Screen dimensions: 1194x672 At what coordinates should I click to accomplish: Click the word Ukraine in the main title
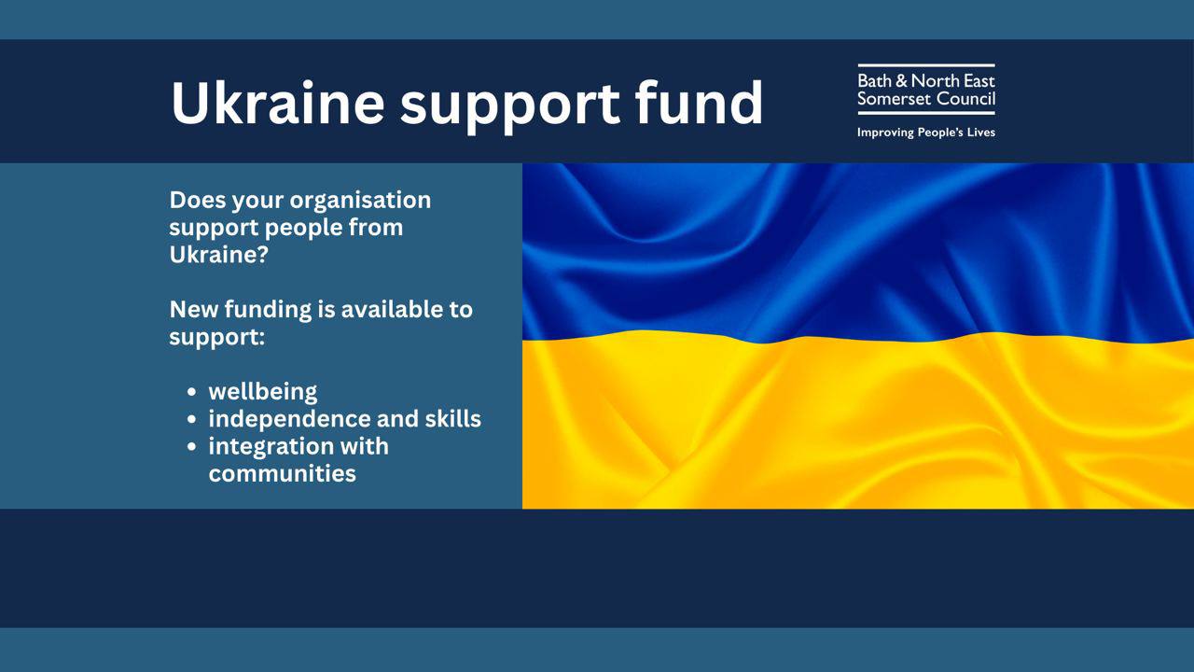277,103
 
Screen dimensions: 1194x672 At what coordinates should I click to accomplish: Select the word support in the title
510,105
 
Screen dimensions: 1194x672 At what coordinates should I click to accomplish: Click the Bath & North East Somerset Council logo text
926,90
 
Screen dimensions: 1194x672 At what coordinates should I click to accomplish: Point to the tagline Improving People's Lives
926,133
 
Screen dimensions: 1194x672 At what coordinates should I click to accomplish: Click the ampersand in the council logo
901,81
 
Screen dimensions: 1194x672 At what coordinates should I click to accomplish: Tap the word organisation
360,201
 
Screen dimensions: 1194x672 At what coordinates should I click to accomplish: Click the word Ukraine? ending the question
218,255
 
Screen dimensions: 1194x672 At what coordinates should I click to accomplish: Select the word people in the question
303,229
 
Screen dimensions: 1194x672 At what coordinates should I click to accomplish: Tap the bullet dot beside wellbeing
192,392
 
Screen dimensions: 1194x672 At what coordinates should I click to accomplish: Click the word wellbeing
263,392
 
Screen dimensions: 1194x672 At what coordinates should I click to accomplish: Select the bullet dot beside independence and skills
192,419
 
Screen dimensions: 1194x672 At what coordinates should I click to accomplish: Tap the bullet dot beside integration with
192,446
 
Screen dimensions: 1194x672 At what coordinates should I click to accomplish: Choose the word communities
282,473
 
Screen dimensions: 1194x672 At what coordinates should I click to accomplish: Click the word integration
270,447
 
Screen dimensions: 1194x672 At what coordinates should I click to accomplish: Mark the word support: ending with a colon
217,338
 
